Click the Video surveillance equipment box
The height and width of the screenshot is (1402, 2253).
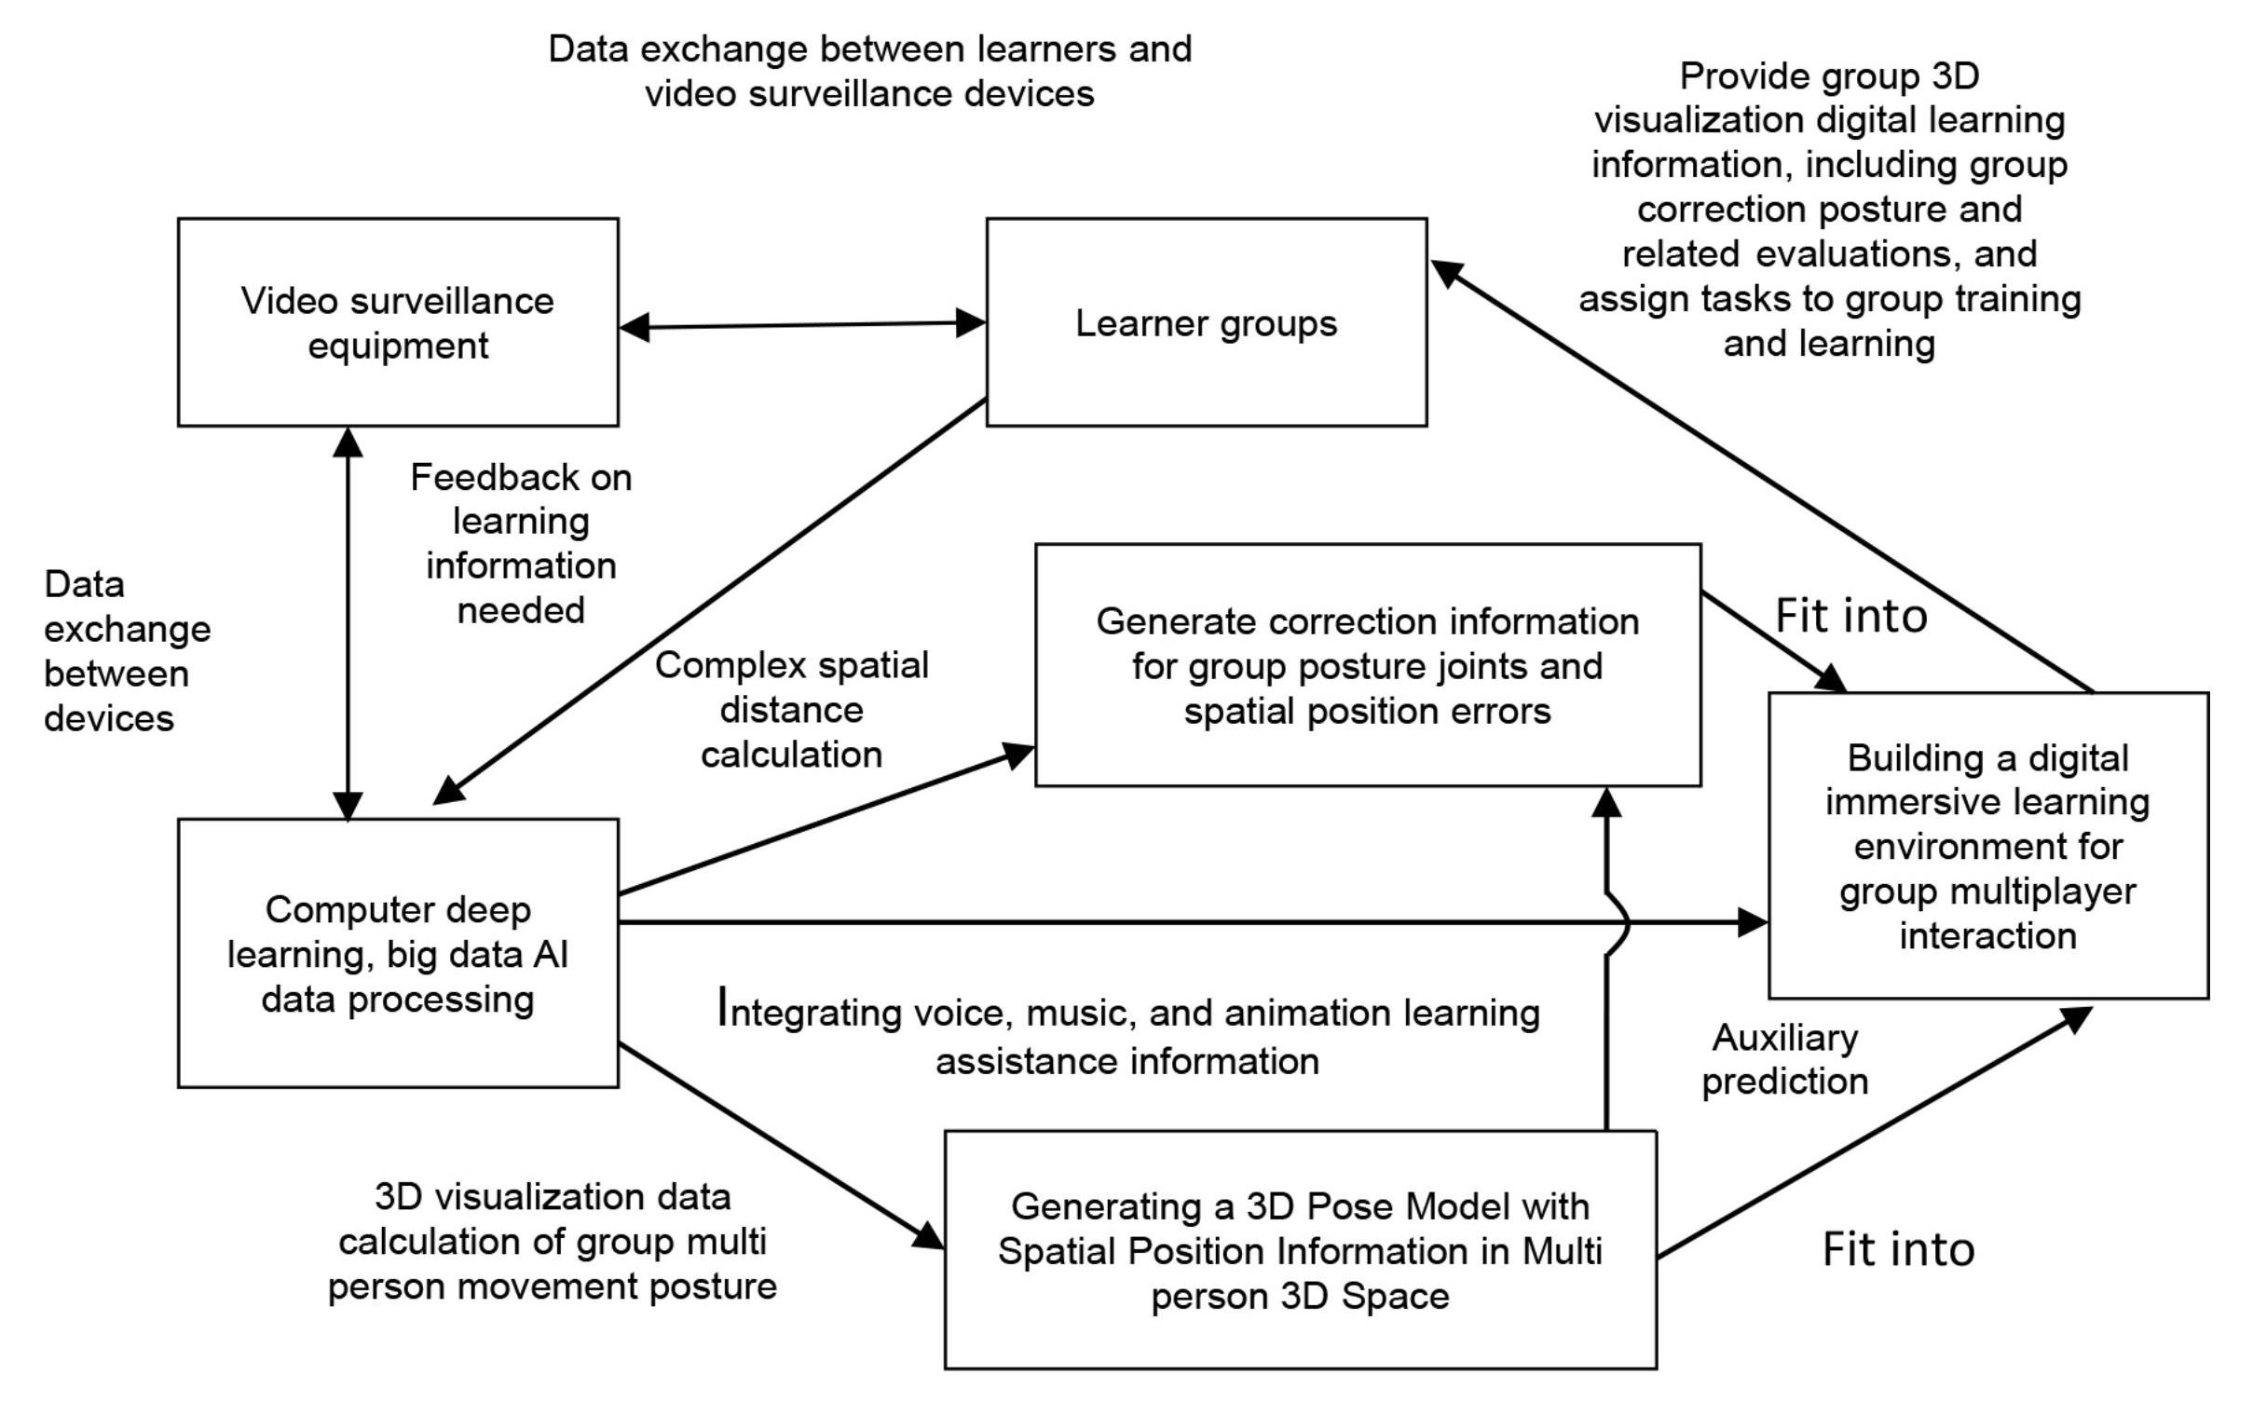398,322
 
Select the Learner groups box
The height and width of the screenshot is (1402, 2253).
1206,322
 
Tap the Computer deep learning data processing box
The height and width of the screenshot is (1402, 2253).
398,952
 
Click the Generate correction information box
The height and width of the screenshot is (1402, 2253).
1367,665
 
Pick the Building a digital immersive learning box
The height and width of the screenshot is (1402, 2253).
1987,845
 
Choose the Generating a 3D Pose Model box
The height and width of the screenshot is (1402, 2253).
1300,1249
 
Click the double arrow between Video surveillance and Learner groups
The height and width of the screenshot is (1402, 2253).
801,325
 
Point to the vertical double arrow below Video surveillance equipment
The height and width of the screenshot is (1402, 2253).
348,622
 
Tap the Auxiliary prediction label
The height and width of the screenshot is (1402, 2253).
1784,1059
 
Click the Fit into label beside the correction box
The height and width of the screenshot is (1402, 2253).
1850,616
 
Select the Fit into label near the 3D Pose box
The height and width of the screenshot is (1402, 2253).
1898,1249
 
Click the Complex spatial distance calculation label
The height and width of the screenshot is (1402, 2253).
791,710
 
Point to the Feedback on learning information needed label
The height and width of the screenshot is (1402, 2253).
521,544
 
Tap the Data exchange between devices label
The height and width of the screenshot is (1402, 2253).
127,651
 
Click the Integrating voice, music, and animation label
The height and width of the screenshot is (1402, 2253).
1127,1036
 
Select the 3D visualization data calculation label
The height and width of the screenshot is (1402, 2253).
552,1241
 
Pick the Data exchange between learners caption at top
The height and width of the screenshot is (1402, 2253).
869,71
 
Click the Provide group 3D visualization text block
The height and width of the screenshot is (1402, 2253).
1829,210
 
